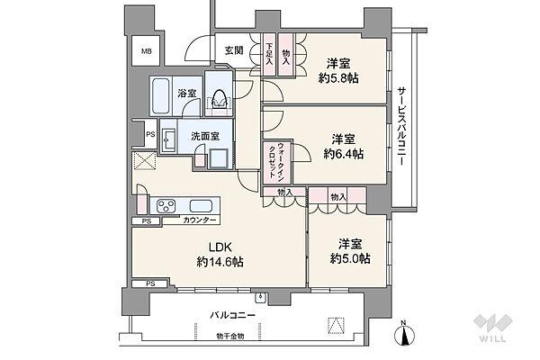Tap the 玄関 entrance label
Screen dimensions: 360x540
234,50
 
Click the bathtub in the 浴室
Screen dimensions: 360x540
162,94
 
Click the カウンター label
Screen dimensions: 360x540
198,220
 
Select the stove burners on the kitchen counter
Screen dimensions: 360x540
168,205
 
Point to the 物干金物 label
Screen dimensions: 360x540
230,338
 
